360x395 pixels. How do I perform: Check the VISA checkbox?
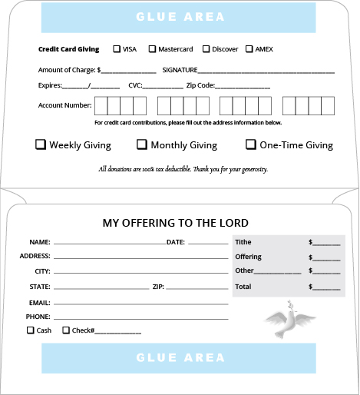117,49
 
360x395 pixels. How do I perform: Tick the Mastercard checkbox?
152,49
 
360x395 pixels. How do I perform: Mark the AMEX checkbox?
249,49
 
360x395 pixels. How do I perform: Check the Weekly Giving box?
41,144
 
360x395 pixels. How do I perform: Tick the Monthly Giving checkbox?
142,144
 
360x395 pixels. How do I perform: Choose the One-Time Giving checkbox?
251,144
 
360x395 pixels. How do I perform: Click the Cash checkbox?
31,330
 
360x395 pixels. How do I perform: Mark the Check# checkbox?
66,330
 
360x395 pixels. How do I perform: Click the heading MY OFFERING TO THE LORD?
176,223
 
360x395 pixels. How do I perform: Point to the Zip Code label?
200,86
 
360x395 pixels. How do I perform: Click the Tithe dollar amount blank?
327,242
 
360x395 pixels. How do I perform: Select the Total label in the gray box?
243,287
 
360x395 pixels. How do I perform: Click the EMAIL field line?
140,303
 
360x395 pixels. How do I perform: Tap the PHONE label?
38,317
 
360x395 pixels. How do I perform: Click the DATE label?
176,242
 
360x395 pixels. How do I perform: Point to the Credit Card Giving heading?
69,49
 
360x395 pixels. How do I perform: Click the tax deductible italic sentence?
183,169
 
